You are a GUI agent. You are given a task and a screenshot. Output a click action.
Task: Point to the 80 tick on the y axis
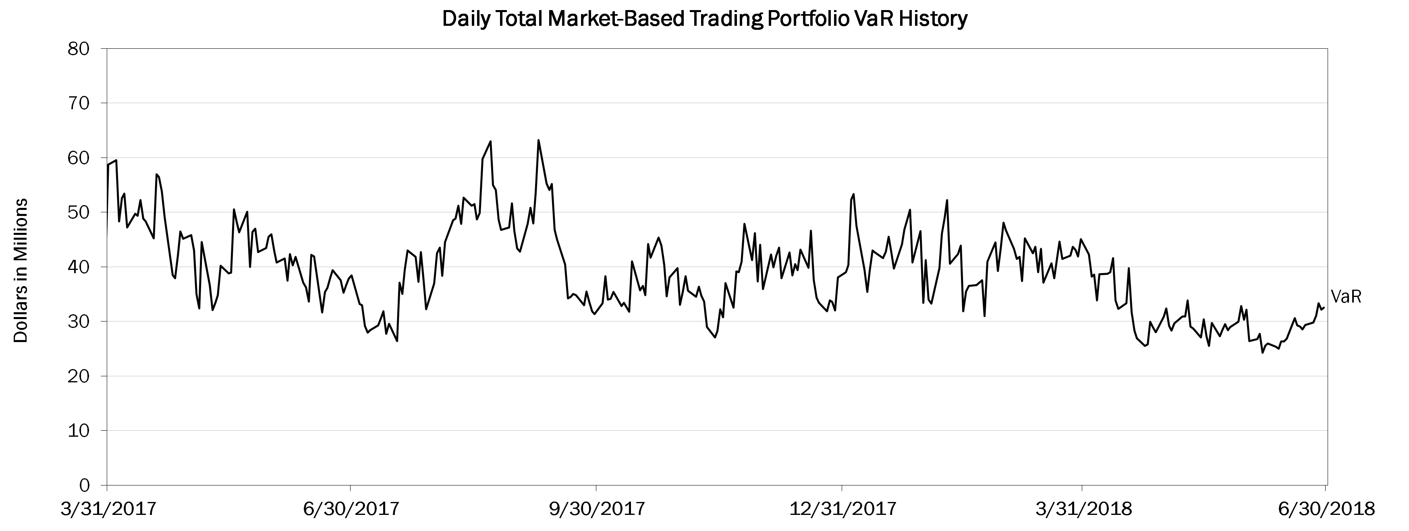[80, 49]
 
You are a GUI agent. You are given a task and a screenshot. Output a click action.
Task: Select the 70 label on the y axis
[80, 104]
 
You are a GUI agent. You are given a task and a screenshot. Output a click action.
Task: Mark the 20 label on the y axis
[80, 376]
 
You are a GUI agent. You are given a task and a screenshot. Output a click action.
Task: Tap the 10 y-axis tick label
[80, 431]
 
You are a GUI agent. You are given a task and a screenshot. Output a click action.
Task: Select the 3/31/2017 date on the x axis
[107, 510]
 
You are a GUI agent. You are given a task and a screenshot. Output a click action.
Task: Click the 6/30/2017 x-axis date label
[350, 510]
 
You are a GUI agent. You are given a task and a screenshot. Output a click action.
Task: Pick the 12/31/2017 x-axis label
[842, 510]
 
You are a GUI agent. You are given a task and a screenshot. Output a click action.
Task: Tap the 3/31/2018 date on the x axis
[1082, 510]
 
